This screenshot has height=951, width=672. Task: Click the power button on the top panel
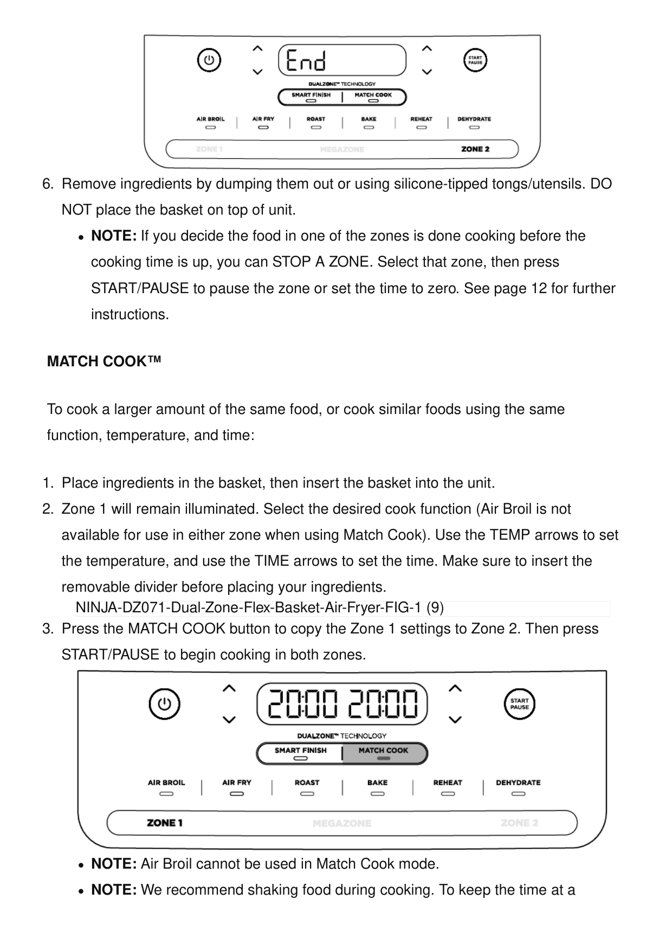click(209, 60)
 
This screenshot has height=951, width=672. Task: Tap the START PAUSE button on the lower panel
click(519, 704)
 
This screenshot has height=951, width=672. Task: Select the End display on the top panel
click(342, 60)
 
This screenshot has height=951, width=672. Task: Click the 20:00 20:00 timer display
click(342, 704)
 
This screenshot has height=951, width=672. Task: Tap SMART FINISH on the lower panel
click(300, 751)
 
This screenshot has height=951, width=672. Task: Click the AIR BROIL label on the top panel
click(210, 119)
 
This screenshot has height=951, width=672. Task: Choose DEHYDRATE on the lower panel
click(518, 782)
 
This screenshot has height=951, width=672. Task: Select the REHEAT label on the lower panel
click(448, 782)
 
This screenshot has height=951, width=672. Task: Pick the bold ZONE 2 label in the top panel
click(475, 149)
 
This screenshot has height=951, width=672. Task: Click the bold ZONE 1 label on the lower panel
click(165, 823)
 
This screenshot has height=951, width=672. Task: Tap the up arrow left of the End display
click(258, 48)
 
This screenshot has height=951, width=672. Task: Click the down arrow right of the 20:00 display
click(455, 720)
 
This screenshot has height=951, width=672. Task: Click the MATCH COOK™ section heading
click(104, 361)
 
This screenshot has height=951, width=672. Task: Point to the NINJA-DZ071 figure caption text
click(260, 608)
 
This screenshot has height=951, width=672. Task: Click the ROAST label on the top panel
click(316, 119)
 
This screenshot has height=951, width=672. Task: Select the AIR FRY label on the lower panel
click(237, 782)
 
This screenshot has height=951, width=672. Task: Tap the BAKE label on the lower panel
click(377, 782)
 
